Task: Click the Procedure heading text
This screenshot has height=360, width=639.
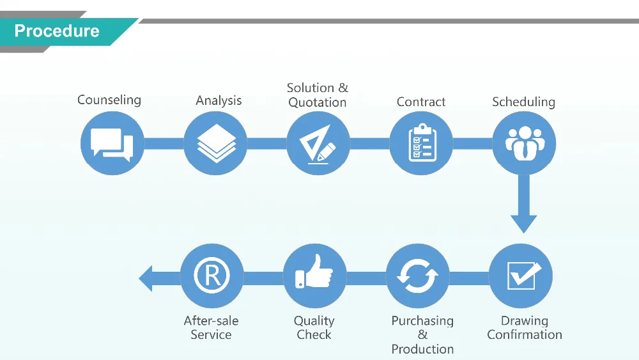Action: tap(56, 31)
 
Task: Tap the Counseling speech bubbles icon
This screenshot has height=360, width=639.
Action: tap(112, 143)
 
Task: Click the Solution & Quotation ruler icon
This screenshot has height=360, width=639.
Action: tap(318, 143)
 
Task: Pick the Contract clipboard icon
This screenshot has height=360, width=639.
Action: tap(421, 143)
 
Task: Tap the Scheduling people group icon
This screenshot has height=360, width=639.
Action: tap(524, 143)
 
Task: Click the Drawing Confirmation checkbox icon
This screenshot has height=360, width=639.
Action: tap(521, 276)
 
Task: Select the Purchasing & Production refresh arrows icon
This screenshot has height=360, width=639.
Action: tap(418, 276)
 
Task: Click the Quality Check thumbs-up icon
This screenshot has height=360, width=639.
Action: tap(314, 276)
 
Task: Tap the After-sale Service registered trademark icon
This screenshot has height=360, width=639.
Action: tap(212, 276)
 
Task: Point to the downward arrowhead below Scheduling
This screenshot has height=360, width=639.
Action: tap(523, 223)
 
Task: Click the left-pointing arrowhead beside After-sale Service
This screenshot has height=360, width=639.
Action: tap(146, 278)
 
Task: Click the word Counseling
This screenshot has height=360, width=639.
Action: tap(109, 100)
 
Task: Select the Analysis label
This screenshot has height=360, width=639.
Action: tap(219, 100)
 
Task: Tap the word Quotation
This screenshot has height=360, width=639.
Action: tap(318, 102)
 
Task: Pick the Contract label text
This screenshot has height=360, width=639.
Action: tap(421, 102)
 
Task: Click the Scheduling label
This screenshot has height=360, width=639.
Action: tap(523, 102)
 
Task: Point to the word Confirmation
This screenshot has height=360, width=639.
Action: tap(525, 334)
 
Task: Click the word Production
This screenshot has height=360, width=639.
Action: tap(422, 349)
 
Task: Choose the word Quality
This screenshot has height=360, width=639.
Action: tap(314, 321)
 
